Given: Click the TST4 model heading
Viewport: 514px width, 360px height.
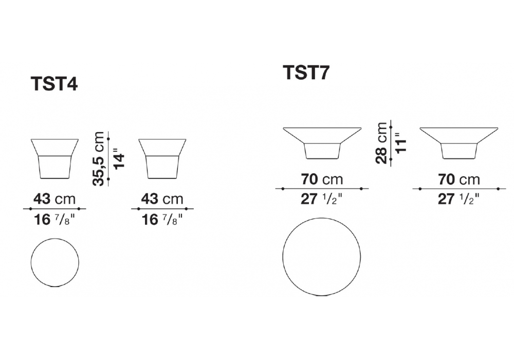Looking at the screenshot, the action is [54, 84].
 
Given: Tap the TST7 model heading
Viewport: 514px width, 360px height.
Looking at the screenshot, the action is [306, 73].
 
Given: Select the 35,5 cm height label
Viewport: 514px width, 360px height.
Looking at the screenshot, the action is [98, 159].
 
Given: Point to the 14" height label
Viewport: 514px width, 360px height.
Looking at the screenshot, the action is [119, 160].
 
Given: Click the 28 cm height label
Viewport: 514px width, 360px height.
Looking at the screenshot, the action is [381, 143].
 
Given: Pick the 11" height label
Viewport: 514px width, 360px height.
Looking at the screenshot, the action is [400, 142].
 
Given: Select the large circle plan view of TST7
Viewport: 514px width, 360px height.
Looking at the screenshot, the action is [322, 218].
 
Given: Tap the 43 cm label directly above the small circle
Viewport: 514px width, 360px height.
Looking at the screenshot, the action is [54, 199].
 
